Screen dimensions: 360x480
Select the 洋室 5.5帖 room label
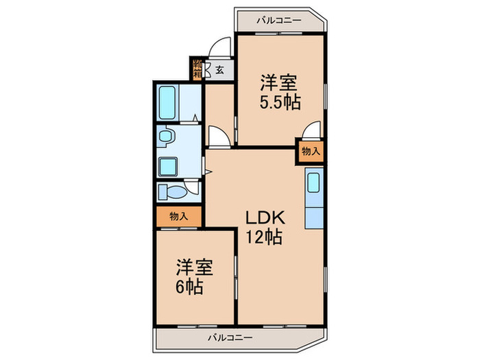click(278, 93)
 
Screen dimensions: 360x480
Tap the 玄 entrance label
click(219, 69)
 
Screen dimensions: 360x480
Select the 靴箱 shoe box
click(197, 69)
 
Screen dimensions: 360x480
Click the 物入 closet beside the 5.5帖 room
click(310, 152)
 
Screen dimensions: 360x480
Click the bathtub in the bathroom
click(167, 102)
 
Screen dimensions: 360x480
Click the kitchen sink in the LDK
click(313, 183)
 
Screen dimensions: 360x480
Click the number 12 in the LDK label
click(255, 238)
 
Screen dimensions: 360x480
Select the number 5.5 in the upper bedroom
click(272, 102)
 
